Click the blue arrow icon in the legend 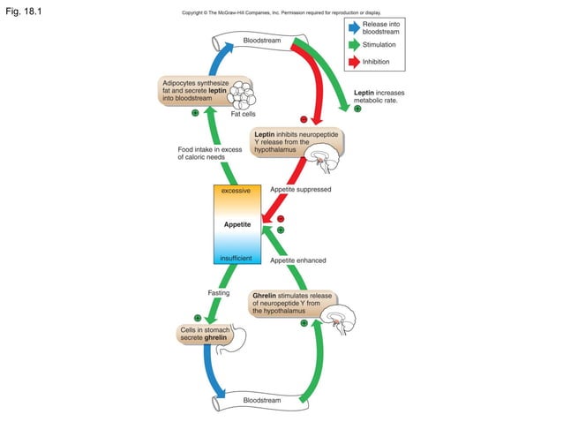(353, 27)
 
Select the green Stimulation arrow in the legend (353, 44)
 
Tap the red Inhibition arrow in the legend (353, 61)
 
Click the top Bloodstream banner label (261, 41)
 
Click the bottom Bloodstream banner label (261, 400)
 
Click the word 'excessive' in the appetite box (236, 191)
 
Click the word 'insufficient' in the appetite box (236, 258)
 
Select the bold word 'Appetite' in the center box (236, 224)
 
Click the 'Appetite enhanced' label (297, 260)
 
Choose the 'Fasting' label (219, 292)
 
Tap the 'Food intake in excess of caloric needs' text (209, 154)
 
